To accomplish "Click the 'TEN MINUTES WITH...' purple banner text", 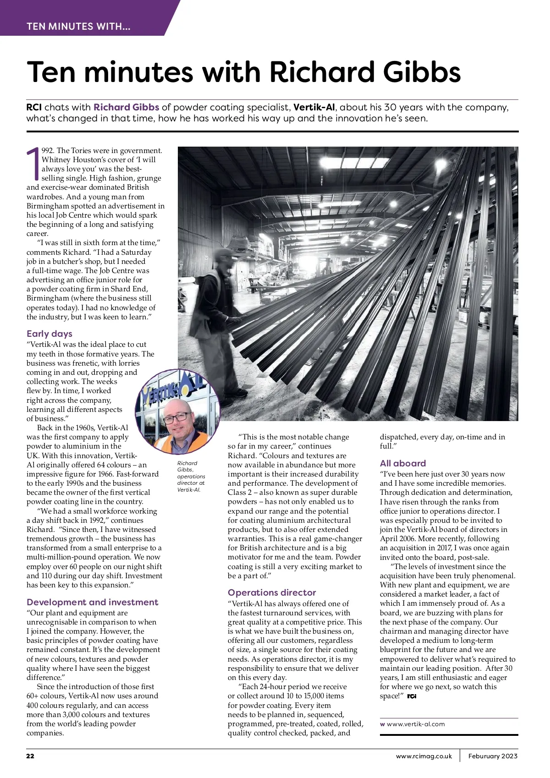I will tap(78, 26).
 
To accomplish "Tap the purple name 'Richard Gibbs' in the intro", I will tap(126, 107).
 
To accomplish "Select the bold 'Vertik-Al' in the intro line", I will tap(314, 107).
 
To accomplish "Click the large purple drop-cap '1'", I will tap(33, 164).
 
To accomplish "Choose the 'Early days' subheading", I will tap(49, 334).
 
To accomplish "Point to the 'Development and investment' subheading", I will tap(92, 602).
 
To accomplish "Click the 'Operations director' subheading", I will tap(272, 592).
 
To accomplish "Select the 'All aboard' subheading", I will tap(403, 463).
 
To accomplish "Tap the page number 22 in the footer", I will tap(30, 756).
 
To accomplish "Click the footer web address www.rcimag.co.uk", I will tap(424, 756).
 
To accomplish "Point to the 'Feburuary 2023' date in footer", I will tap(493, 756).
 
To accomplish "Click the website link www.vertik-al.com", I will tap(416, 724).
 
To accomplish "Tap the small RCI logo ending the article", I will tap(412, 696).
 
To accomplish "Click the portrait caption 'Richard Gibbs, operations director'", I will tap(191, 477).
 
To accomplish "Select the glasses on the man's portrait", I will tap(177, 416).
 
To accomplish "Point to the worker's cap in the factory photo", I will tap(224, 253).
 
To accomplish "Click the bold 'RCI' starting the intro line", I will tap(34, 107).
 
